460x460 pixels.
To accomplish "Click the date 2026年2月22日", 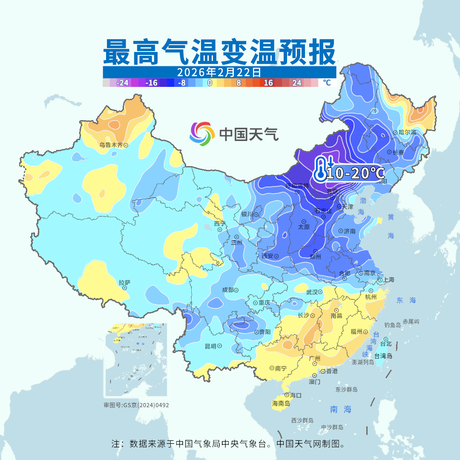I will [219, 72].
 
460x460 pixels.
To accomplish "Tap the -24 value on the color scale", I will [123, 83].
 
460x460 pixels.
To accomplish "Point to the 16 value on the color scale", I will [268, 83].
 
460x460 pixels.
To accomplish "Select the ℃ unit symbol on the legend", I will [326, 83].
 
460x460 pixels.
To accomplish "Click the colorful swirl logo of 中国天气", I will [202, 134].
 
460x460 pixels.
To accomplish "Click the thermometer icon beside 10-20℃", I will [320, 168].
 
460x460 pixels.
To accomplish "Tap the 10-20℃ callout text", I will [355, 173].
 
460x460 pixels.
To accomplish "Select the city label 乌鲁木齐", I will [111, 145].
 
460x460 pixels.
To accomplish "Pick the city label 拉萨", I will [124, 282].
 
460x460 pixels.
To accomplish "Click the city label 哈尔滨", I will [407, 132].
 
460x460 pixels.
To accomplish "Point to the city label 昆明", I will [211, 346].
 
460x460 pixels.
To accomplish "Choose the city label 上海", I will [388, 280].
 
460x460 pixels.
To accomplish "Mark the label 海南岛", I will [281, 403].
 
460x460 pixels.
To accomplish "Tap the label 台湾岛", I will [383, 356].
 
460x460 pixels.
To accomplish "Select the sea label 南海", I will [341, 409].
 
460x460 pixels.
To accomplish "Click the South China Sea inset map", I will [136, 360].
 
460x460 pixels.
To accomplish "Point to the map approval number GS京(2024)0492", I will [136, 405].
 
